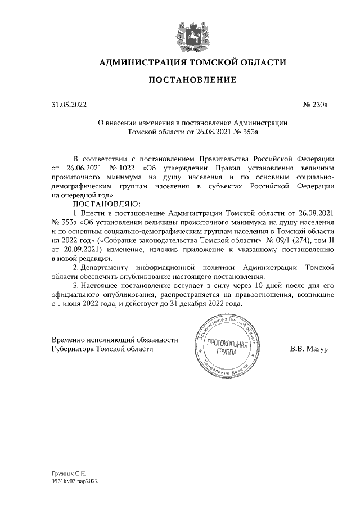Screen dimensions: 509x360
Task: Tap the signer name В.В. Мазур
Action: click(309, 349)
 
